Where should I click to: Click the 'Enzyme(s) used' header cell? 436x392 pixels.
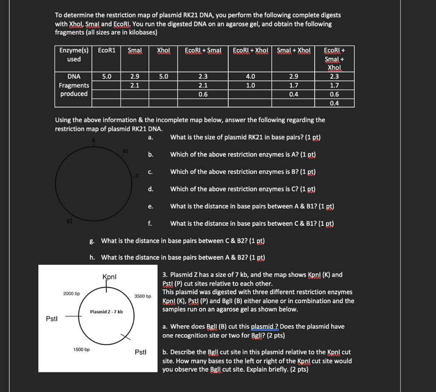click(x=74, y=55)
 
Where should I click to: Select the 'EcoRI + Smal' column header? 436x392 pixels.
click(x=203, y=51)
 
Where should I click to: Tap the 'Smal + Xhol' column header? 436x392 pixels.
click(x=293, y=51)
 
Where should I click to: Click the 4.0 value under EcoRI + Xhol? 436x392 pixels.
click(x=250, y=77)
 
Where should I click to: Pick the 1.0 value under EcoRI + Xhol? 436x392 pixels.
click(x=250, y=85)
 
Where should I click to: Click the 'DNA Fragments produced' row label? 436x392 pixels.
click(x=74, y=85)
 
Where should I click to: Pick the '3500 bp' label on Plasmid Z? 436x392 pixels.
click(x=143, y=296)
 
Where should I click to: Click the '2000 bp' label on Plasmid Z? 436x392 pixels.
click(x=72, y=294)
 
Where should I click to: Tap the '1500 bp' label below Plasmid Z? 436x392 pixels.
click(x=81, y=349)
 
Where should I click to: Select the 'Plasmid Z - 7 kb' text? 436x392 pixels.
click(x=106, y=312)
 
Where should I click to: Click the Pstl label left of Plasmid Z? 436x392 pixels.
click(x=52, y=318)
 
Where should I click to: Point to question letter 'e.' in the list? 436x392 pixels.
click(x=150, y=206)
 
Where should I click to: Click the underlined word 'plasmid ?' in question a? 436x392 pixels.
click(x=264, y=327)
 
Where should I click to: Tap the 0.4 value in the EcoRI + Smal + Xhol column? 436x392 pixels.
click(x=335, y=103)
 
